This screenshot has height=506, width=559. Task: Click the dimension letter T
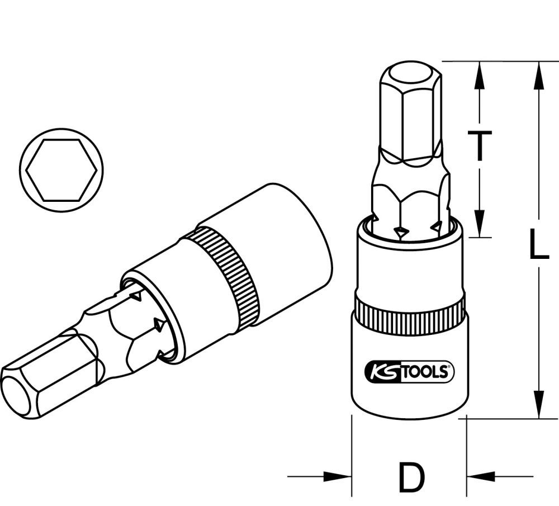[x=479, y=147]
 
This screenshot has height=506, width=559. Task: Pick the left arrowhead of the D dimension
[x=335, y=477]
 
